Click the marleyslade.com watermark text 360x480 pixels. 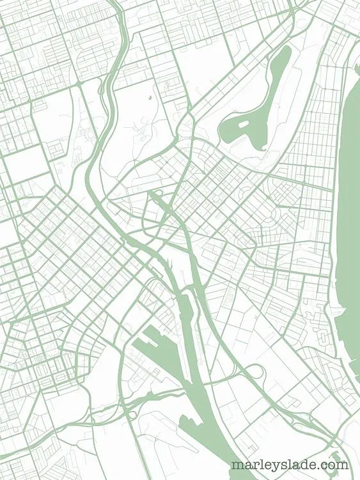click(x=290, y=465)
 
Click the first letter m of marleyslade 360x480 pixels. click(x=238, y=465)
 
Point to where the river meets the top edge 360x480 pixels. click(x=120, y=3)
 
